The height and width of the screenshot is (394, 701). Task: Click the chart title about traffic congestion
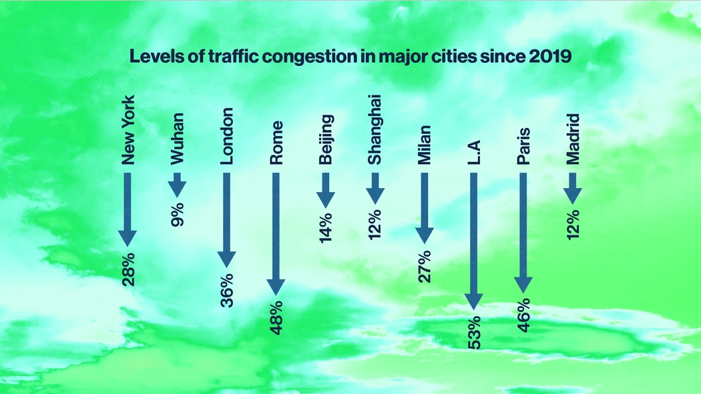pos(350,57)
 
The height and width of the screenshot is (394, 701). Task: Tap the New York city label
pos(128,130)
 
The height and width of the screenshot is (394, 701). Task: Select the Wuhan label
pos(178,139)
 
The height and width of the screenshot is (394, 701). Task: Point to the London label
pos(227,136)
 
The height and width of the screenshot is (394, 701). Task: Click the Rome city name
pos(277,143)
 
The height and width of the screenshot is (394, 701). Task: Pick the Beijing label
pos(326,139)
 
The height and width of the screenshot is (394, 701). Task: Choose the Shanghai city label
pos(375,130)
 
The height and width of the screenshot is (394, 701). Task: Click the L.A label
pos(474,153)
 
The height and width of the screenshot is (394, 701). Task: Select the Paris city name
pos(523,147)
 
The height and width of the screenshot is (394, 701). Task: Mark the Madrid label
pos(573,139)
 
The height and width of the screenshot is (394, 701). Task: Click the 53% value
pos(474,333)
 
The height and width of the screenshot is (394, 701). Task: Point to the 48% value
pos(277,318)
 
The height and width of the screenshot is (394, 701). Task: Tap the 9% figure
pos(178,215)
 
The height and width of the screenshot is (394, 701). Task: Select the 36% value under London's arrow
pos(227,291)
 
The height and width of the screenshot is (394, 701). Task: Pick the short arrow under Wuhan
pos(178,185)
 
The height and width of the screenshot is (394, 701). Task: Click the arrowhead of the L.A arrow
pos(474,301)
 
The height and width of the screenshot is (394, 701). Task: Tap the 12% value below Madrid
pos(573,225)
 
